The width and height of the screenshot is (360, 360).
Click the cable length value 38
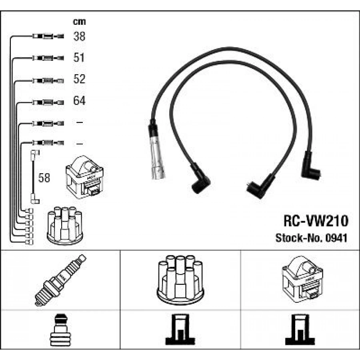click(x=79, y=36)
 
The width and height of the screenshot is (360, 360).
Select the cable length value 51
click(x=79, y=57)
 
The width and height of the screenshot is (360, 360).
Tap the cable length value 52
click(x=79, y=79)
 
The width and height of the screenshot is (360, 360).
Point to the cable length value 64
click(x=79, y=100)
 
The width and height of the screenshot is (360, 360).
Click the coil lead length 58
click(x=44, y=178)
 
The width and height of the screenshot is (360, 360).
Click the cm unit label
click(x=79, y=22)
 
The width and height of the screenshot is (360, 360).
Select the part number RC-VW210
click(x=316, y=221)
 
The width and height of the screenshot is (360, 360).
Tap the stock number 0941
click(x=336, y=238)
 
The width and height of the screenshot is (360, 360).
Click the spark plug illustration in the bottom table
click(x=60, y=280)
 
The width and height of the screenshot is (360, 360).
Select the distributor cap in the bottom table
click(x=180, y=280)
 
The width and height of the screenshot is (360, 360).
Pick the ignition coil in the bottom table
click(x=302, y=280)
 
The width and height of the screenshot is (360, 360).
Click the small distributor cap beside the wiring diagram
click(x=65, y=226)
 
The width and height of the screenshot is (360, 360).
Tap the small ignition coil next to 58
click(x=84, y=177)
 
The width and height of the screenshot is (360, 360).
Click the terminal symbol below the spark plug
click(x=60, y=330)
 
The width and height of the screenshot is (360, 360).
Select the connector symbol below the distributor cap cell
click(x=180, y=330)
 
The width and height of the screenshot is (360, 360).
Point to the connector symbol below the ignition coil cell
click(x=300, y=330)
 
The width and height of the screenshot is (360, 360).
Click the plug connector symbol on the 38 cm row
click(x=48, y=36)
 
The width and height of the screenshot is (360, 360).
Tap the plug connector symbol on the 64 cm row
click(x=48, y=102)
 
